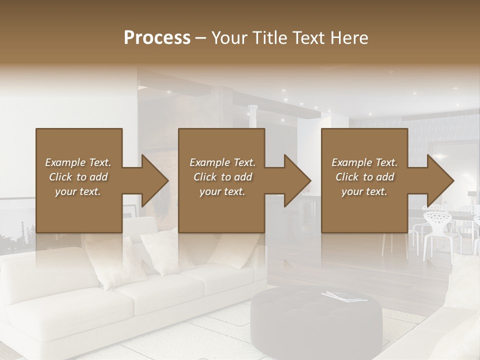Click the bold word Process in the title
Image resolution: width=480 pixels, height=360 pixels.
[x=157, y=37]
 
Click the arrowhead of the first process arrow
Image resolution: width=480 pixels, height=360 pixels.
[x=154, y=180]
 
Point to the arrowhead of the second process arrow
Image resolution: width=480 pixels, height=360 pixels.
[x=297, y=180]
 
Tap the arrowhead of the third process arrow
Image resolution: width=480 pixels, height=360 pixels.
[x=440, y=180]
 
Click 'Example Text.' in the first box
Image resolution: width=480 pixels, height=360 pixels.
[x=78, y=162]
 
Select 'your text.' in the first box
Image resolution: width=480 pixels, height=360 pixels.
[x=78, y=191]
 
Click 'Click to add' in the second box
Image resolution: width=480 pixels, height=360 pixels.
[x=222, y=177]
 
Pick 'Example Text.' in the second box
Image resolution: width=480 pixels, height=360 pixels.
[x=222, y=162]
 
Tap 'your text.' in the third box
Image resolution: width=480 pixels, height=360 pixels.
[x=364, y=191]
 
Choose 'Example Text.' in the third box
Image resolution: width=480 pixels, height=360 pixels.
[x=364, y=162]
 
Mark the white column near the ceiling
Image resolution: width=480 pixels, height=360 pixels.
[x=253, y=112]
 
